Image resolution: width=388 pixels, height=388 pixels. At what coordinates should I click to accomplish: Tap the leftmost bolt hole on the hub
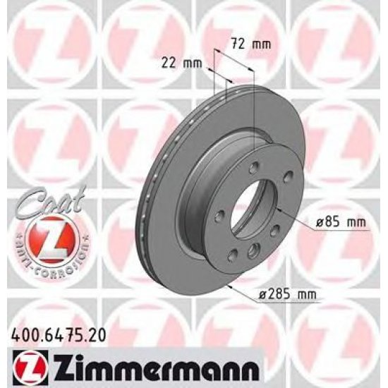click(x=219, y=214)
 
